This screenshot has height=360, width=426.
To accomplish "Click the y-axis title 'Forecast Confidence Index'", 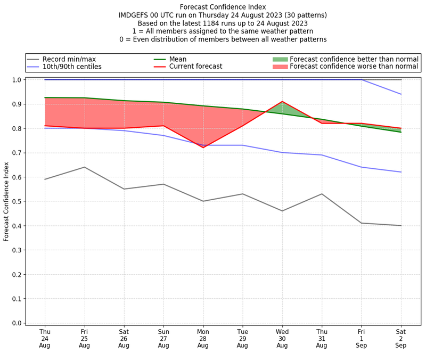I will tap(6, 201).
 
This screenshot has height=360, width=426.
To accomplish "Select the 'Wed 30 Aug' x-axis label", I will tap(282, 338).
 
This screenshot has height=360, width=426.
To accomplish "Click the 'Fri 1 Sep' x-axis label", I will tap(362, 338).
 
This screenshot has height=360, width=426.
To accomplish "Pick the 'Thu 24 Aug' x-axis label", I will tap(45, 338).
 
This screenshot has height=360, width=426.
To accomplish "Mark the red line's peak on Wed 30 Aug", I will tap(282, 101).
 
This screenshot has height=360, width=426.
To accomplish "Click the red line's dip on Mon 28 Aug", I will tap(203, 148).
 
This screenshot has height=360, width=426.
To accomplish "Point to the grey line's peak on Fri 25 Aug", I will tap(84, 167).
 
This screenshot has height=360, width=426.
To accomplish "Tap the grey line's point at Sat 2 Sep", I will tap(401, 225).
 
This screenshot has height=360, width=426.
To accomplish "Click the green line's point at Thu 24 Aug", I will tap(45, 97).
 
